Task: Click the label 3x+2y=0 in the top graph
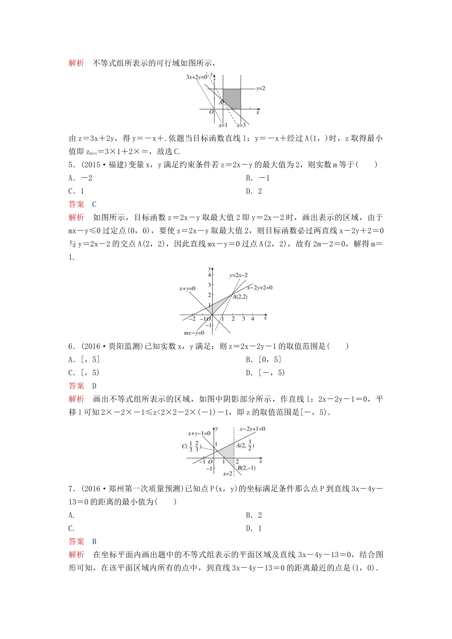point(197,77)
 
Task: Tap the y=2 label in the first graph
point(260,88)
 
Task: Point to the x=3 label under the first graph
point(241,125)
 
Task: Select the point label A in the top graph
point(221,102)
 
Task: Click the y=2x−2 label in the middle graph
point(238,275)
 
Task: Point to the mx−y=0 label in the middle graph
point(194,333)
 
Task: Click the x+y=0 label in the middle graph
point(187,289)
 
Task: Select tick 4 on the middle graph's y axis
point(209,275)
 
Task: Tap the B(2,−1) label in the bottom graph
point(246,468)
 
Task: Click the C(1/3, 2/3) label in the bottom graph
point(191,446)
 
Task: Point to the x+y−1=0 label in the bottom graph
point(199,433)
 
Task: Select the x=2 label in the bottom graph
point(227,474)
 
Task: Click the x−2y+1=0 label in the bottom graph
point(252,429)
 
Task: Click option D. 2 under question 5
point(254,191)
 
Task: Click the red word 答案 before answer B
point(76,542)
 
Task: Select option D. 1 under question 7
point(254,528)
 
